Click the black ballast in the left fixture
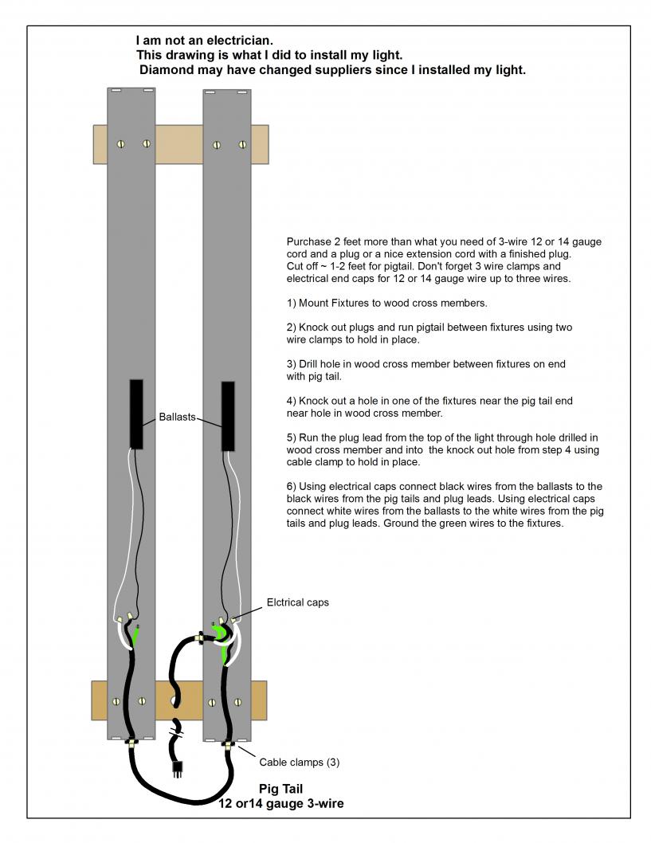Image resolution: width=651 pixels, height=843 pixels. tap(135, 413)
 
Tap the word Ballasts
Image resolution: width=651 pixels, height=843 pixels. tap(177, 416)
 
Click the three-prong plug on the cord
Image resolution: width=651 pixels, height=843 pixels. tap(178, 768)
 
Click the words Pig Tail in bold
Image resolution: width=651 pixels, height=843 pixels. tap(281, 789)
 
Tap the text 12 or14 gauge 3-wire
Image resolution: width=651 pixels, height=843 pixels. tap(281, 803)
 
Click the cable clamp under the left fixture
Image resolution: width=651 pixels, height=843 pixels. tap(131, 742)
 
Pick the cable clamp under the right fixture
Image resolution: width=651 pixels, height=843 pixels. tap(228, 745)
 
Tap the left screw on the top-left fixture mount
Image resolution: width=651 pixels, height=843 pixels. tap(120, 143)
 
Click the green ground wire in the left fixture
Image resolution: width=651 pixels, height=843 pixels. tap(136, 637)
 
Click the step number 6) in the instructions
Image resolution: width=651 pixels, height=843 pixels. tap(291, 486)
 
